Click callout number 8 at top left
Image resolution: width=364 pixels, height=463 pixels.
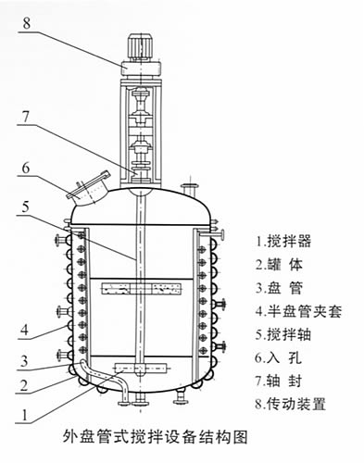[27, 23]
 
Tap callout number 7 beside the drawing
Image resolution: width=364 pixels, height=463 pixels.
[25, 117]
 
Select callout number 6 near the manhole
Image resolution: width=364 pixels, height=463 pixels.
[26, 168]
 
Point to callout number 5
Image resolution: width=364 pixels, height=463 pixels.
[26, 206]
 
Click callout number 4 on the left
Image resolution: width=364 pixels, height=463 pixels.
[25, 330]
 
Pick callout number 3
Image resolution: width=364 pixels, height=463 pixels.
[24, 361]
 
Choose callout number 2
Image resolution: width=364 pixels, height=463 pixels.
[24, 385]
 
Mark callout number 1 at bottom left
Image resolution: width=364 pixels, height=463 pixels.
[25, 415]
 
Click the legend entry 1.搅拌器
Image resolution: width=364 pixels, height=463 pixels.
[283, 241]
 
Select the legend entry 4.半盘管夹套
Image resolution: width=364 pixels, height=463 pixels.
[298, 311]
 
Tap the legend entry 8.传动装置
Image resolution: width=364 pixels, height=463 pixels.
[291, 404]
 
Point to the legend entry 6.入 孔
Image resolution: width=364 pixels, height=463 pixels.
[278, 357]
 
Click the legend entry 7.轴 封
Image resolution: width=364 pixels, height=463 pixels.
[278, 381]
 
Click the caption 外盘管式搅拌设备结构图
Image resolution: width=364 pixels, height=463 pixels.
[156, 437]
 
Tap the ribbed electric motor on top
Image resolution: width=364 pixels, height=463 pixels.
[140, 47]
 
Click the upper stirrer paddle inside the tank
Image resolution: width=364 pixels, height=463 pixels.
[141, 288]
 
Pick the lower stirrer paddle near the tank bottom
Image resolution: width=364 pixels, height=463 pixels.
[141, 368]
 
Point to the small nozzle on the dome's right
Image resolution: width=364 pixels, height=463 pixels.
[190, 189]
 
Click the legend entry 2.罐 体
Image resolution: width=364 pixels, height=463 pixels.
[279, 265]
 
